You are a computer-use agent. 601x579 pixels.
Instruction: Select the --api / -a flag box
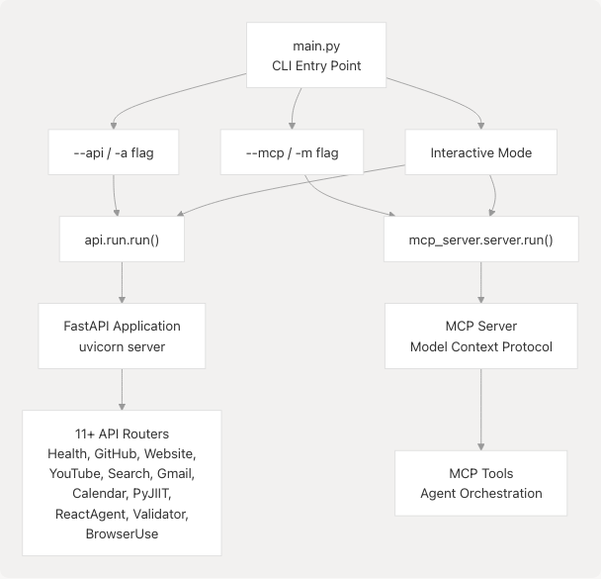pos(115,153)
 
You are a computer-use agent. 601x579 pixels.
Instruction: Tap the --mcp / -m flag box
pos(291,153)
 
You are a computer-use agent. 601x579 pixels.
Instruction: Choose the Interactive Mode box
pos(481,153)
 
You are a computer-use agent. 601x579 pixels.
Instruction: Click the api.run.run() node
pos(122,240)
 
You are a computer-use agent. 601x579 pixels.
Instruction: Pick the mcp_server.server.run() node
pos(481,240)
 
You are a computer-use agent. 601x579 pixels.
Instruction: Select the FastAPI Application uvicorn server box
pos(122,336)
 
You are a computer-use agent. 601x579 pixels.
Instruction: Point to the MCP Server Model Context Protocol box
pos(481,336)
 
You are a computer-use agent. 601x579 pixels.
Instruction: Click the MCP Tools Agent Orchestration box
pos(481,483)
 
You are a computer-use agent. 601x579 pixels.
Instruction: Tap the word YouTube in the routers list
pos(75,473)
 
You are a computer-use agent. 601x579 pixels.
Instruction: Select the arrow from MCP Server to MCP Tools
pos(481,408)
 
